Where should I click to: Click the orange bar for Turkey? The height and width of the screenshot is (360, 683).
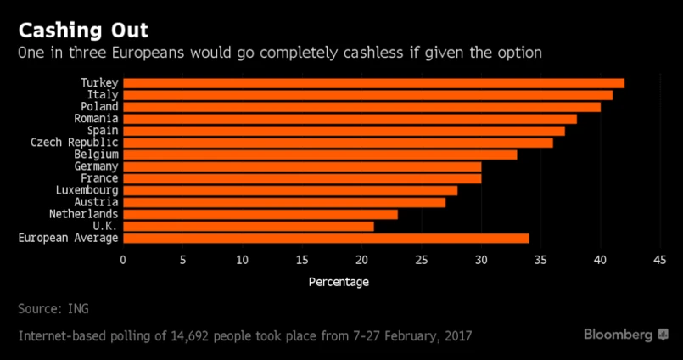click(x=373, y=83)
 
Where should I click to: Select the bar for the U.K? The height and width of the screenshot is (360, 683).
click(x=248, y=226)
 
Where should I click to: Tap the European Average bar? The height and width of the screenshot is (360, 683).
click(x=326, y=238)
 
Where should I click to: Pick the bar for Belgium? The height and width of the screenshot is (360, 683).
click(x=320, y=155)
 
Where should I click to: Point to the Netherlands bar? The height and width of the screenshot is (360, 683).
click(x=260, y=214)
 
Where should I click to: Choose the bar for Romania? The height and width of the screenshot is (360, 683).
click(x=350, y=119)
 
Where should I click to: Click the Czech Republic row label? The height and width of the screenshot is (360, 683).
click(x=75, y=143)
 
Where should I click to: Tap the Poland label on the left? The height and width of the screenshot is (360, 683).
click(x=99, y=107)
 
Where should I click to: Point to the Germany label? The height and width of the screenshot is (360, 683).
click(x=96, y=166)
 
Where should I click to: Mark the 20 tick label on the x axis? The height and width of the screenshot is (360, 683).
click(x=361, y=260)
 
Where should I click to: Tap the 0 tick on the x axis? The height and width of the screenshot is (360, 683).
click(x=123, y=260)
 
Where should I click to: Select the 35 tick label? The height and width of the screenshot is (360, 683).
click(x=540, y=260)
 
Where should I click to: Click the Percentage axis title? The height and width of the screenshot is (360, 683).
click(x=339, y=281)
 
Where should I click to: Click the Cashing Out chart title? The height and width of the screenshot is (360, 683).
click(x=83, y=31)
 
